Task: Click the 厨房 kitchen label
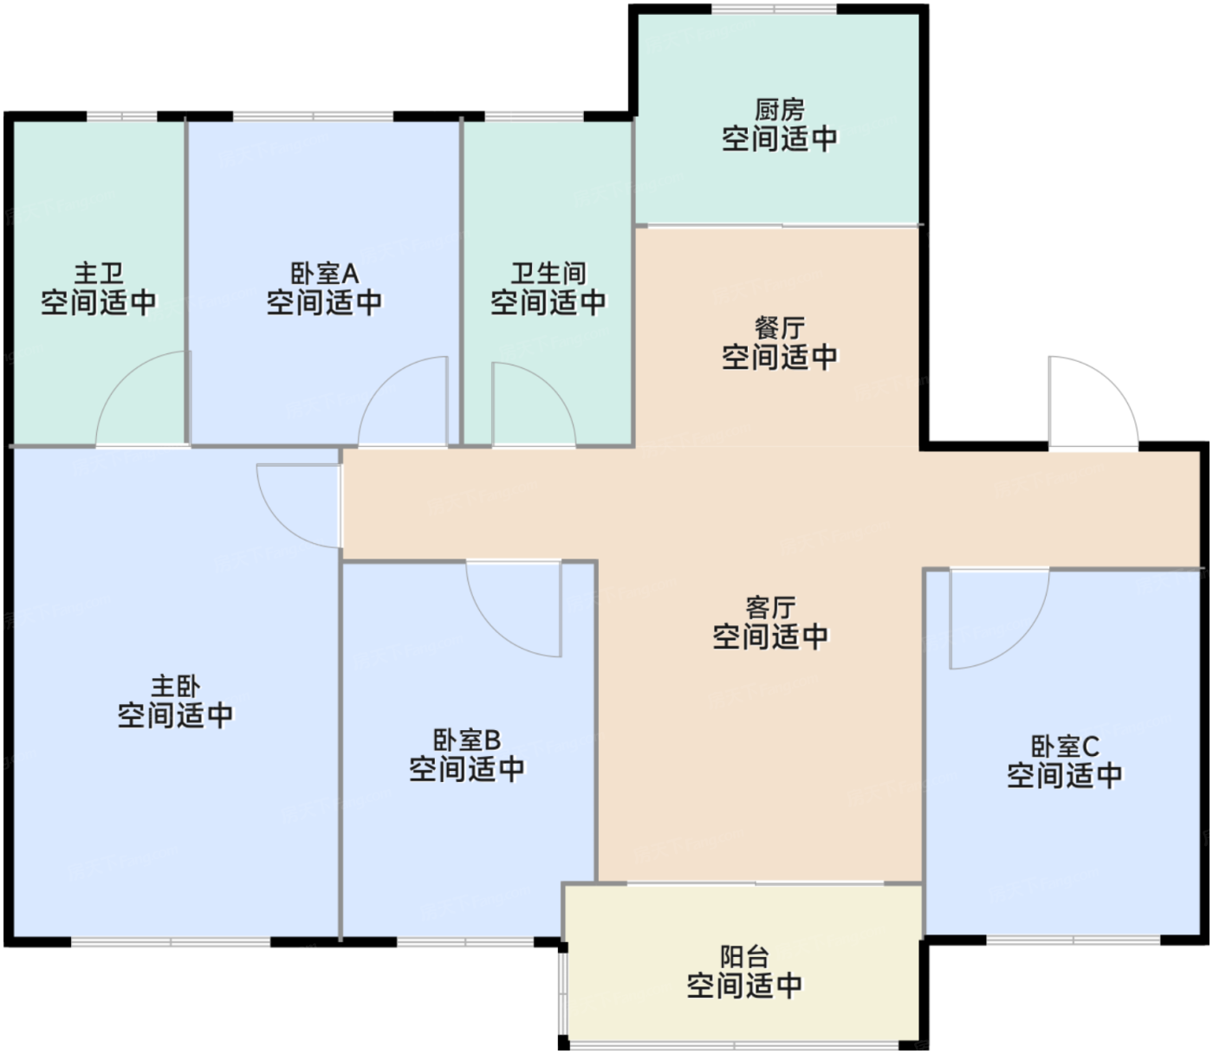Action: click(779, 110)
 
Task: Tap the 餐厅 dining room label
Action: click(779, 328)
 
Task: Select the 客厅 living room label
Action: click(770, 608)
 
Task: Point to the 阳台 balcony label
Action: click(744, 956)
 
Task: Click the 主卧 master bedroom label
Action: click(176, 686)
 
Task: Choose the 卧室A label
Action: click(324, 274)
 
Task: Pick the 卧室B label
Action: click(467, 740)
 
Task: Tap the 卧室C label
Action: click(1066, 747)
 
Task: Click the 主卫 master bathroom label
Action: click(99, 274)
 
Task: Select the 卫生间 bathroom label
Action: click(548, 274)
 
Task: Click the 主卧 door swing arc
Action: click(282, 523)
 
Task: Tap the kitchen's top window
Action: click(774, 9)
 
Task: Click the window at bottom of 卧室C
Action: click(1073, 941)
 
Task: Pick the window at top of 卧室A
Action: click(313, 116)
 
